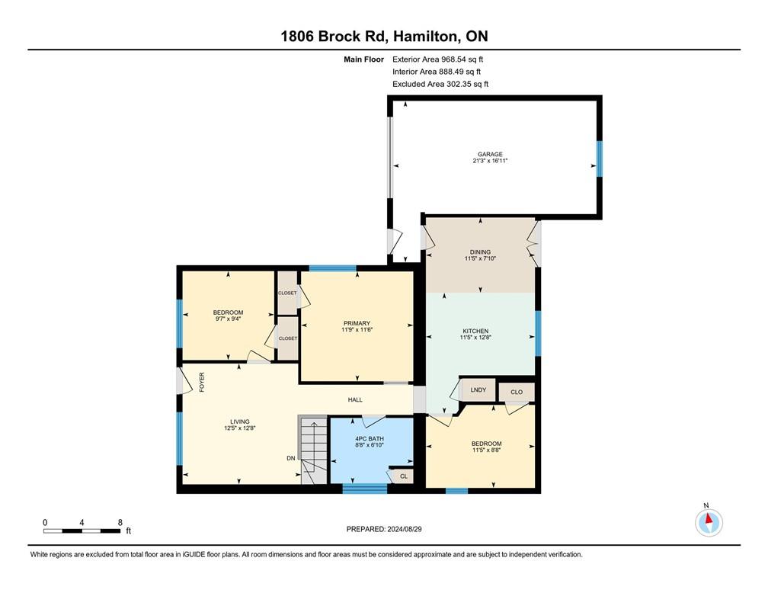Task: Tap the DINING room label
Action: (x=480, y=252)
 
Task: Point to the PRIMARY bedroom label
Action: (x=357, y=323)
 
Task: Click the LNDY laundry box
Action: (x=478, y=390)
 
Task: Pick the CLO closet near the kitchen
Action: (x=517, y=393)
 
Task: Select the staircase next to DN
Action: (x=312, y=450)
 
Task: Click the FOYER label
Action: (x=203, y=382)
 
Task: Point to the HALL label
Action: (x=355, y=399)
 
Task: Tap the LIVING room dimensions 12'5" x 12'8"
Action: (x=240, y=428)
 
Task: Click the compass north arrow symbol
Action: (x=709, y=523)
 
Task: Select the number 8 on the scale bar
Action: (x=120, y=522)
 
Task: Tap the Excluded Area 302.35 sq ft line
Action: (x=440, y=85)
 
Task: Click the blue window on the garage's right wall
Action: (x=600, y=159)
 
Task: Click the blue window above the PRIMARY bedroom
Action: (x=332, y=268)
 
